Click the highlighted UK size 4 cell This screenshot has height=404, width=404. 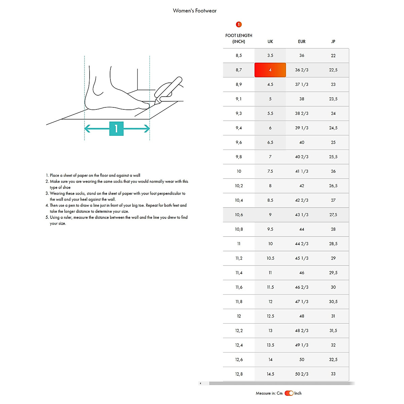coord(270,70)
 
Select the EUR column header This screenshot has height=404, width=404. coord(302,41)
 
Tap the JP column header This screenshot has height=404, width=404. coord(333,41)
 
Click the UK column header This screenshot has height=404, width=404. coord(270,41)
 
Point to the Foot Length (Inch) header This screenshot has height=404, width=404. coord(239,38)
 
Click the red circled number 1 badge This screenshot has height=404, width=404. coord(239,24)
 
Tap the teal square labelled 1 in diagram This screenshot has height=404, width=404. coord(116,129)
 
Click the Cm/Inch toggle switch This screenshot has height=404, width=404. coord(289,393)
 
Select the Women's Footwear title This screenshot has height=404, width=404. coord(195,11)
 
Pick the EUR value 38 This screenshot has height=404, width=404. coord(302,99)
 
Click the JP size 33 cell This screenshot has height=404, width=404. coord(333,374)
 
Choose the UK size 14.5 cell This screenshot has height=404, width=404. coord(270,374)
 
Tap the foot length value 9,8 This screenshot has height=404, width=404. coord(239,157)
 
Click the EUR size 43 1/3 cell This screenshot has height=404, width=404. coord(302,215)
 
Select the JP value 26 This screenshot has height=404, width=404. coord(333,171)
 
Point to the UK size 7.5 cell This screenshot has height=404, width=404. coord(270,171)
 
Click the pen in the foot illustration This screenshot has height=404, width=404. coord(168,89)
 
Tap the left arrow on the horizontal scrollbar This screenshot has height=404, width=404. coord(201,383)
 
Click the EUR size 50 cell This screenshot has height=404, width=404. coord(302,360)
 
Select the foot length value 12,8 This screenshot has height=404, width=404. coord(239,374)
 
